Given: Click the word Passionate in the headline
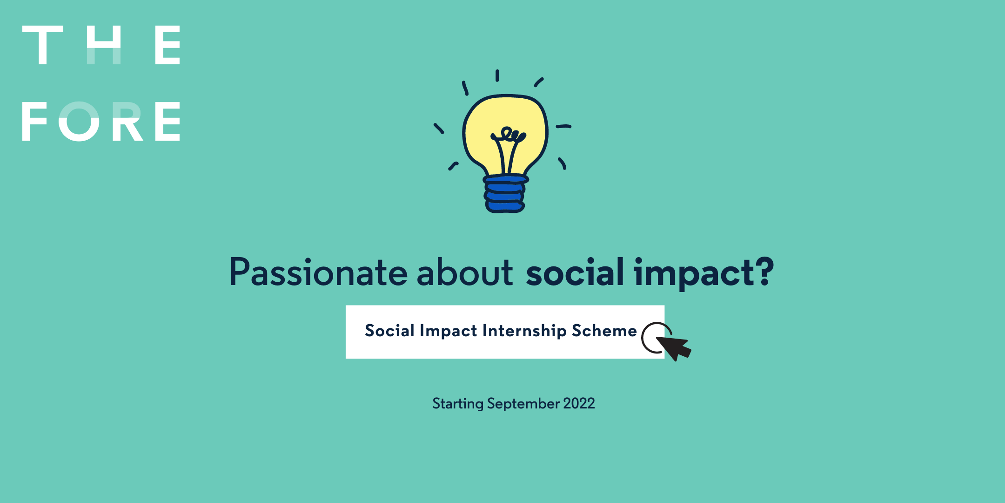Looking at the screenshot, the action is (x=319, y=272).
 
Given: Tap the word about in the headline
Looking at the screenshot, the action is (x=465, y=272).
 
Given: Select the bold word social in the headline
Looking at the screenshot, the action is (x=575, y=272).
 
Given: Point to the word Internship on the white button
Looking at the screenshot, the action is (x=524, y=331).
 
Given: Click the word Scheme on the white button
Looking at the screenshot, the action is (x=604, y=330).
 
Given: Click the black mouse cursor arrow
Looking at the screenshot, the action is (x=675, y=347).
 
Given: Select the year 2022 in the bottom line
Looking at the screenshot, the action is (x=579, y=403).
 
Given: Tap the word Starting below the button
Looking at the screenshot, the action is (x=458, y=404).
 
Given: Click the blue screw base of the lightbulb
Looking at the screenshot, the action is (x=505, y=194).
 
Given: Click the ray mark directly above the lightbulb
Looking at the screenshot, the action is (x=497, y=75).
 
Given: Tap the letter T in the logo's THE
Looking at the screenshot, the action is (x=42, y=45).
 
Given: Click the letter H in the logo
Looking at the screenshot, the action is (x=104, y=45).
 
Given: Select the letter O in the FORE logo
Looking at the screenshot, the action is (x=79, y=121).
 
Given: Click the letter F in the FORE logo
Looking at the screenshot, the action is (x=34, y=121).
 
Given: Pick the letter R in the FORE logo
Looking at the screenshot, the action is (x=127, y=121).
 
